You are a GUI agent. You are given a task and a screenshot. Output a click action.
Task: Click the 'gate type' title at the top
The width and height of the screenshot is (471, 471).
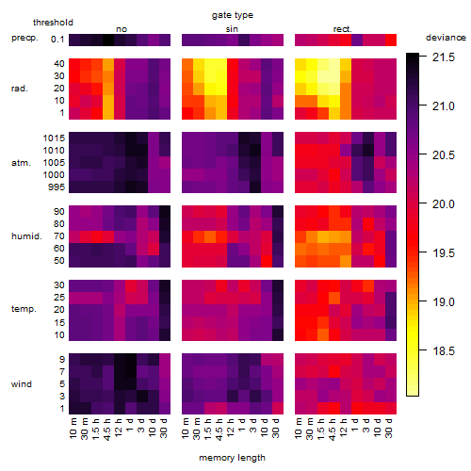click(233, 15)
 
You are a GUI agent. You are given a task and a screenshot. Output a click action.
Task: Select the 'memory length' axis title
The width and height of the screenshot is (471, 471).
click(232, 458)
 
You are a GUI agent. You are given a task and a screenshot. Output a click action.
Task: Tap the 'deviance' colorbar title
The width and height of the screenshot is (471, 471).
click(446, 38)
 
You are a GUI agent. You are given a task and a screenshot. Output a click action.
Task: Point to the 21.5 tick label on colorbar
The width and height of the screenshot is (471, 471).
click(444, 57)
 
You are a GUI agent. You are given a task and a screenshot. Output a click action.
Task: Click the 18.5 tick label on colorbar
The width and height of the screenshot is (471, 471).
click(444, 351)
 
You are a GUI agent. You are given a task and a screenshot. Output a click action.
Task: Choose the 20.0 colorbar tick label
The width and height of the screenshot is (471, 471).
click(444, 204)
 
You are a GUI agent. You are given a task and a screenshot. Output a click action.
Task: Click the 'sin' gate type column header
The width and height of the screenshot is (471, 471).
click(232, 29)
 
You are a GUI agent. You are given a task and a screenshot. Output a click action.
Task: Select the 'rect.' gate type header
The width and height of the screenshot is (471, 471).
click(343, 29)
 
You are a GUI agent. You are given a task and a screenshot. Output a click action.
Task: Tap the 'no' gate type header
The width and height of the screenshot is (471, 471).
click(122, 29)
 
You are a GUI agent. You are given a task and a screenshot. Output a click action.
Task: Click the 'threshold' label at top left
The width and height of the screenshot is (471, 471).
click(53, 23)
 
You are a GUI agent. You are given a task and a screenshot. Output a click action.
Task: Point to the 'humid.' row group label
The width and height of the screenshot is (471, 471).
click(26, 236)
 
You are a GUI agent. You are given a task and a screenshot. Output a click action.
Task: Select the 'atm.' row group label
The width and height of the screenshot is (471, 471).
click(21, 163)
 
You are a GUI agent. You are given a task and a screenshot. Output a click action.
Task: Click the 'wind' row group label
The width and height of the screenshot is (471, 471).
click(22, 384)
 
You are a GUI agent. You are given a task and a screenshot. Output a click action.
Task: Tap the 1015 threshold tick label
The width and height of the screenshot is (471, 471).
click(54, 138)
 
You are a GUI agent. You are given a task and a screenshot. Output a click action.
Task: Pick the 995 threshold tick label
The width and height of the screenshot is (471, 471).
click(57, 187)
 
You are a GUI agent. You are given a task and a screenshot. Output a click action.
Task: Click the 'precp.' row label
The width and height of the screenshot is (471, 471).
click(24, 38)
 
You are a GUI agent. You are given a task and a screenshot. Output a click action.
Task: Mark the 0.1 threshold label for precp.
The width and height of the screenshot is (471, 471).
click(57, 40)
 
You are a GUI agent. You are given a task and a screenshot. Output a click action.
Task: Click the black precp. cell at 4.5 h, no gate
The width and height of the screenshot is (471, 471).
click(108, 40)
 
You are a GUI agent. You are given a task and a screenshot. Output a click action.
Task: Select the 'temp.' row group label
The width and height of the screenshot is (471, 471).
click(24, 309)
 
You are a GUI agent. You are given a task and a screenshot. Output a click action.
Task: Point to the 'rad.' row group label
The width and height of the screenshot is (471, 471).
click(20, 89)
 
